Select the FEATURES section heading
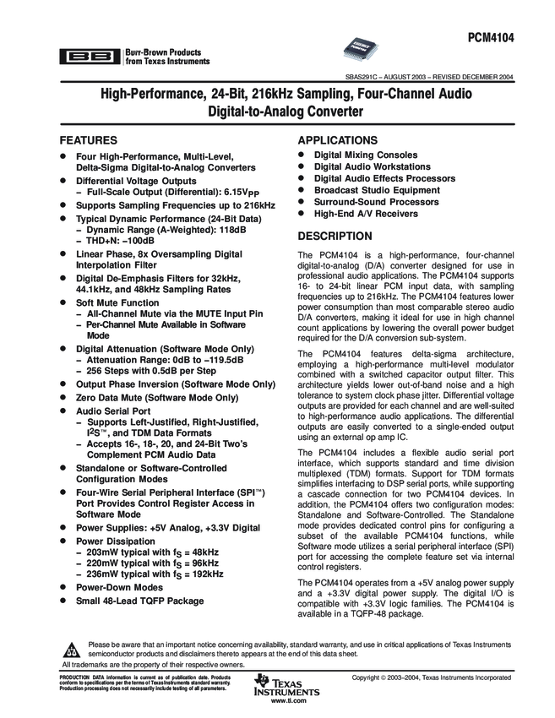pos(93,140)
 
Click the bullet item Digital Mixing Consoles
pos(366,155)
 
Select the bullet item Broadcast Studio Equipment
pos(377,191)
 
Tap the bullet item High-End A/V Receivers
pos(366,215)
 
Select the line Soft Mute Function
pos(117,302)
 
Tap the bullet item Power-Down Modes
pos(119,587)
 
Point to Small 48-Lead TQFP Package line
pos(139,601)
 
